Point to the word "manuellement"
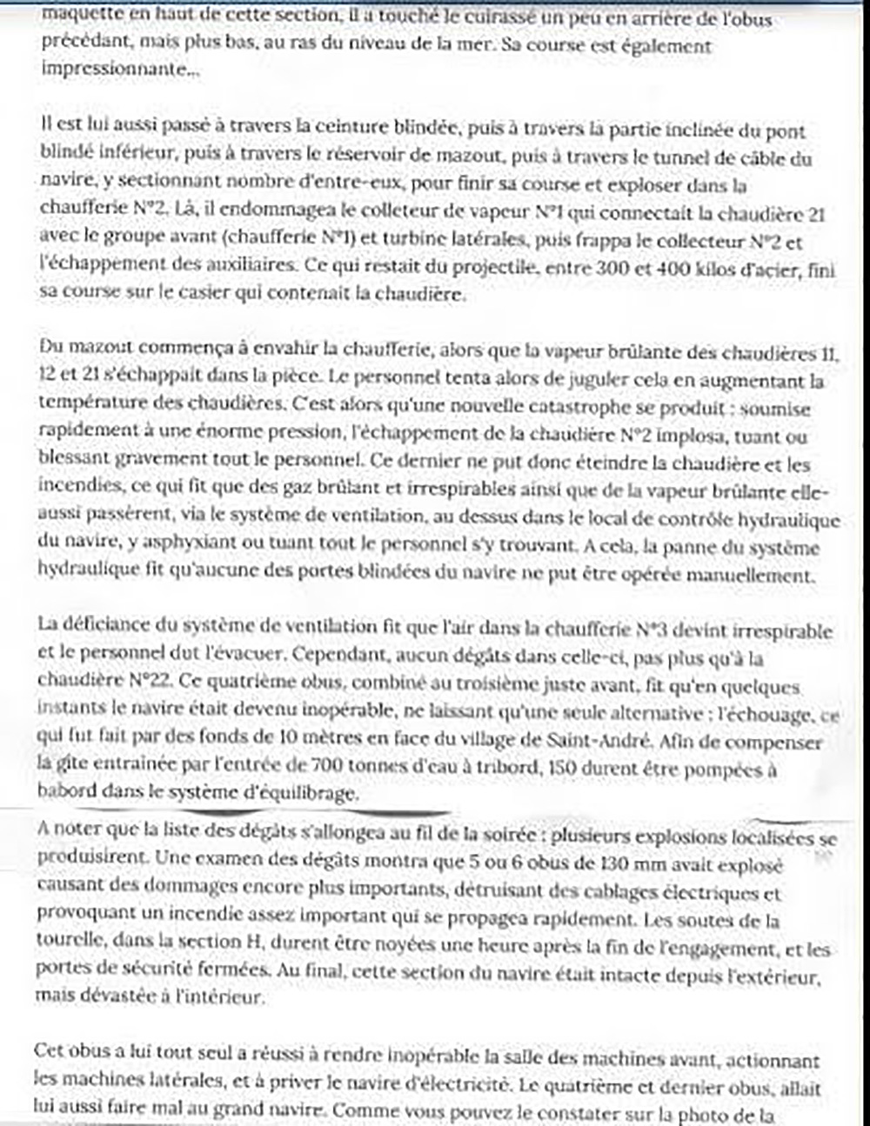753,575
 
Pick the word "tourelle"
68,942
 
